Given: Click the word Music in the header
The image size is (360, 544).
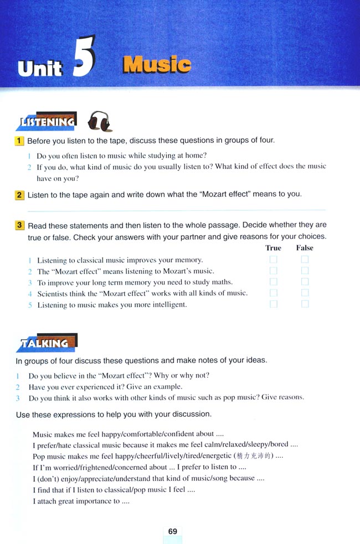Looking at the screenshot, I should click(x=157, y=65).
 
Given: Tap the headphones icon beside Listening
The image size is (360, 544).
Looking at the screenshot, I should click(x=100, y=121).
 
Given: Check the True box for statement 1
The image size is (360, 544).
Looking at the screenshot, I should click(x=273, y=260).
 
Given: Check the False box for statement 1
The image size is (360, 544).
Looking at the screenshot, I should click(x=305, y=260).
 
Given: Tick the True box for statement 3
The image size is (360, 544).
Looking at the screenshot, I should click(x=273, y=282).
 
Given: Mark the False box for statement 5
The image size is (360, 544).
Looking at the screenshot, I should click(x=305, y=304).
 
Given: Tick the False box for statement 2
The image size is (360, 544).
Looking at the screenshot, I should click(x=305, y=271).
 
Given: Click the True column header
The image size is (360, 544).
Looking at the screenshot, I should click(x=273, y=248).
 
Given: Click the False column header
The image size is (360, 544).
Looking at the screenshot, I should click(x=305, y=248).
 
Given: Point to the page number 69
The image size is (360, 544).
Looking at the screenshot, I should click(x=173, y=531).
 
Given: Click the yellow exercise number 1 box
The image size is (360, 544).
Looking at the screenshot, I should click(x=19, y=141).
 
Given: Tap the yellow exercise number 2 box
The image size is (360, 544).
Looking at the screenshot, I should click(x=19, y=194).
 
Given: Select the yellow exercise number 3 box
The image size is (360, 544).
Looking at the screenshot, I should click(x=19, y=225).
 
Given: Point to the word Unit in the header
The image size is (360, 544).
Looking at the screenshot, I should click(x=40, y=68).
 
